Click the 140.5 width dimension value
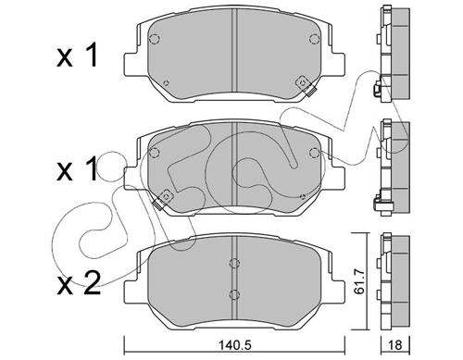(x=234, y=345)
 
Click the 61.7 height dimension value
(x=360, y=281)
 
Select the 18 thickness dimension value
(x=394, y=345)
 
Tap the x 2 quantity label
(x=79, y=283)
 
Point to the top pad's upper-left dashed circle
(x=154, y=39)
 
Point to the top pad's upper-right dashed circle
(x=314, y=39)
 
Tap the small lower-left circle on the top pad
(x=166, y=82)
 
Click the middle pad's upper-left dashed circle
(x=154, y=153)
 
